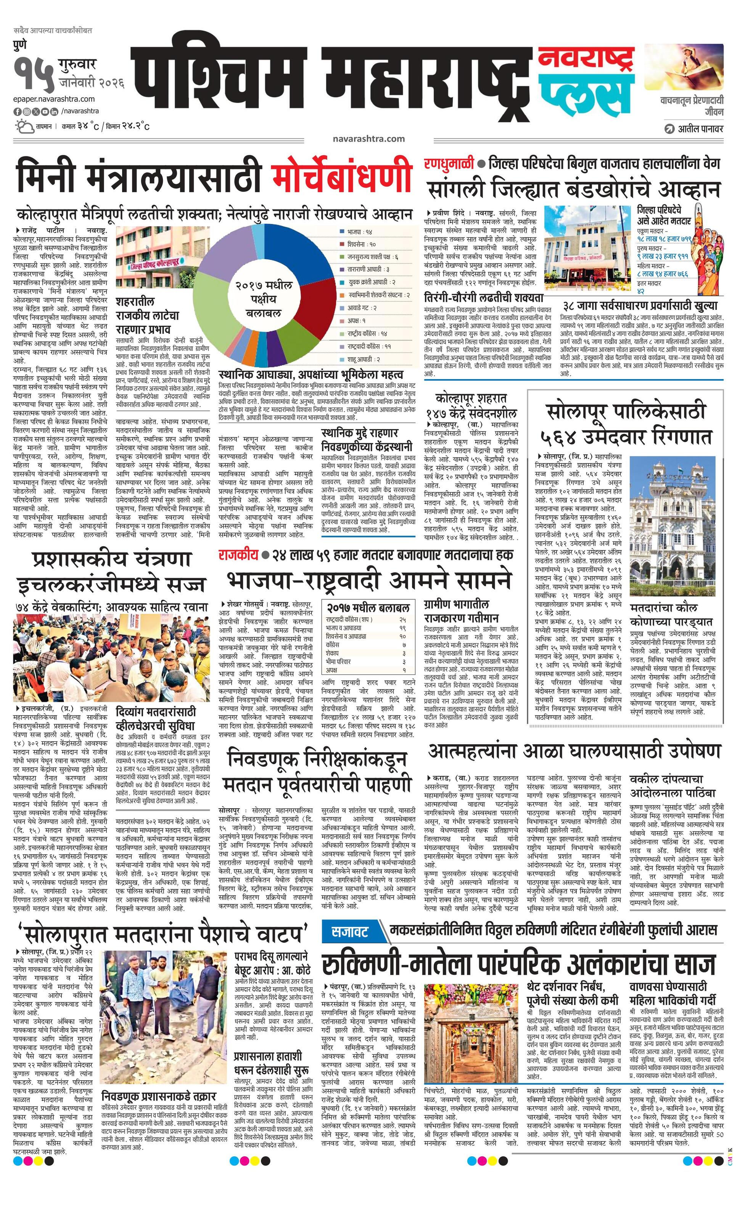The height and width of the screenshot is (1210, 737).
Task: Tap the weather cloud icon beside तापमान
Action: (x=24, y=126)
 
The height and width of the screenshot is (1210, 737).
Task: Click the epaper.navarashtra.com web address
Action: (x=54, y=99)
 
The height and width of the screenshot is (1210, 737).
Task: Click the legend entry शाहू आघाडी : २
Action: (x=363, y=359)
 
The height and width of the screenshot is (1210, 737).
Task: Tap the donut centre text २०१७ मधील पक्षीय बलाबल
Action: (x=264, y=299)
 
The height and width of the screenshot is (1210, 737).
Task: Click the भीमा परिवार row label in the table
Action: (x=339, y=661)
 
